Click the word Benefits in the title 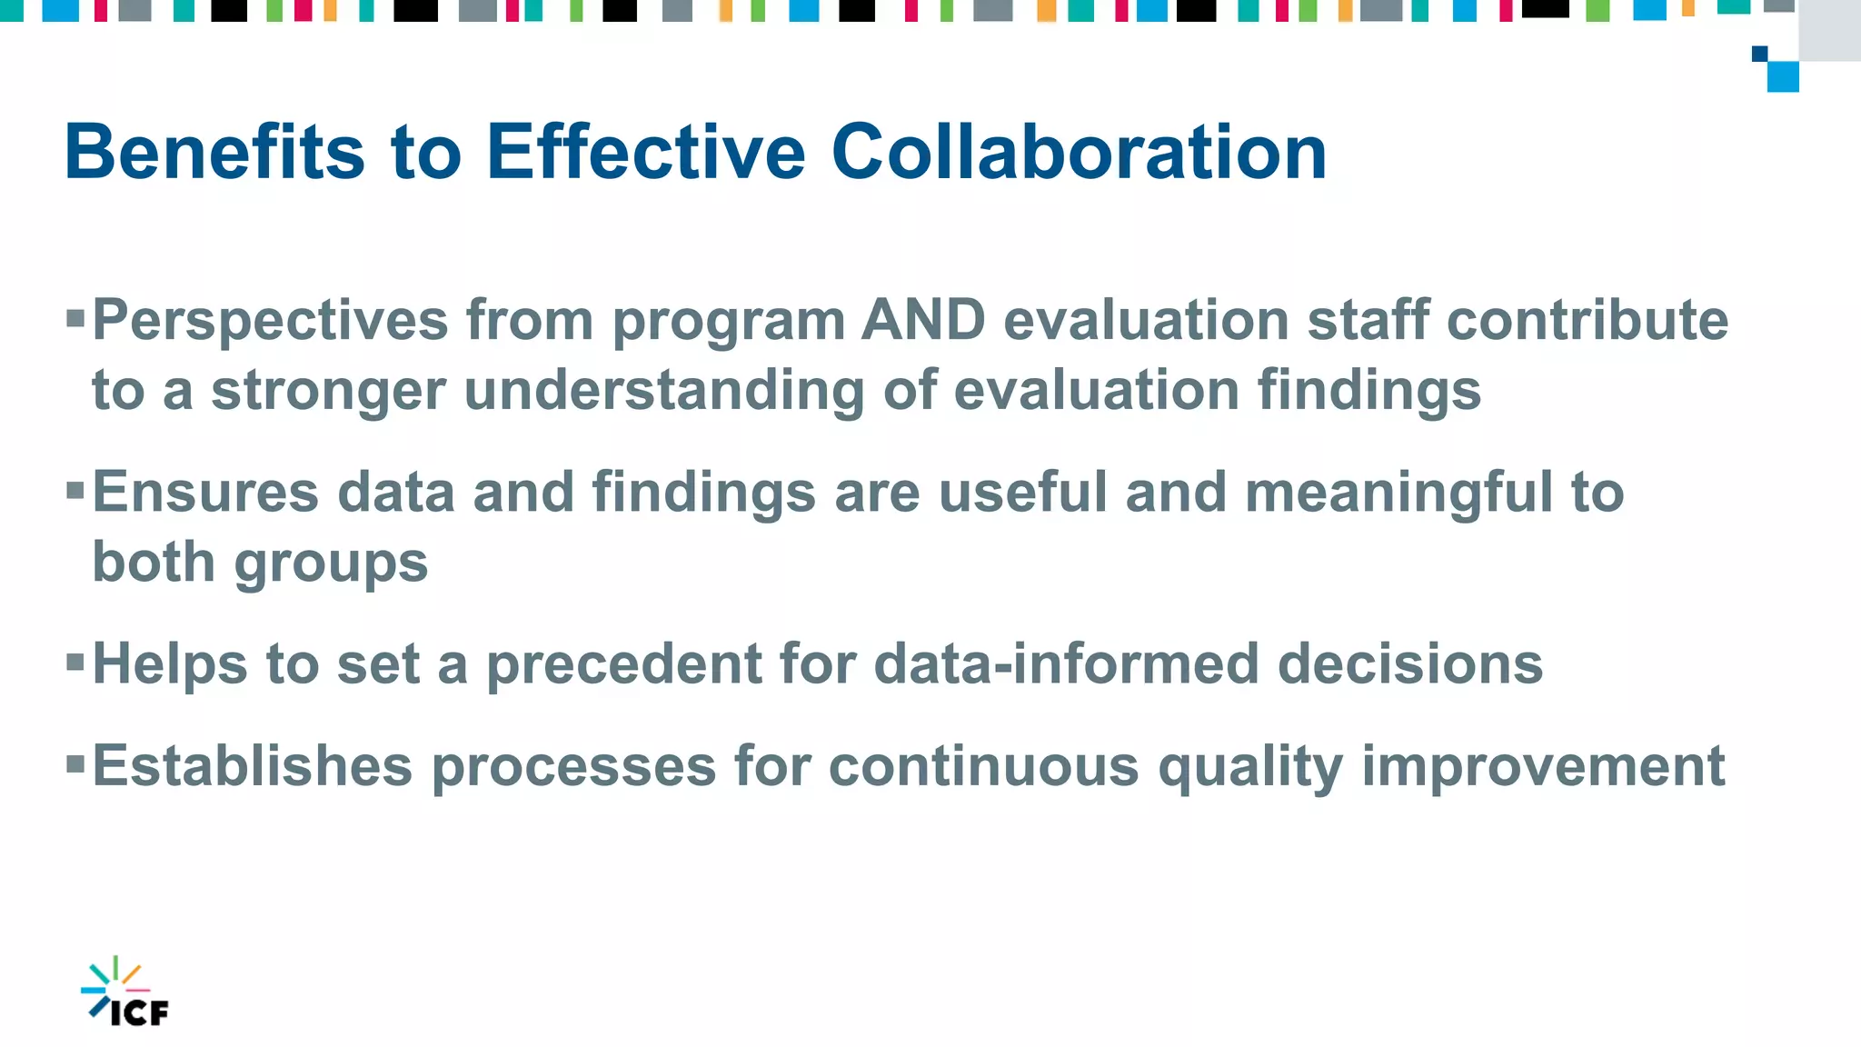click(x=214, y=152)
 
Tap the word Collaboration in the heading click(x=1079, y=152)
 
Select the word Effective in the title click(x=645, y=152)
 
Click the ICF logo click(x=125, y=992)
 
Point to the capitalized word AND click(x=923, y=320)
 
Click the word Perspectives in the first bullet click(x=270, y=322)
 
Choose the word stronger click(x=328, y=392)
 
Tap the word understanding click(x=663, y=392)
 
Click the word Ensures click(x=205, y=492)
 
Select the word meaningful click(x=1398, y=494)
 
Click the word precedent click(x=623, y=663)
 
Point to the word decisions click(x=1409, y=663)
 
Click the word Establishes click(x=253, y=765)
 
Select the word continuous click(x=983, y=765)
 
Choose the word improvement click(x=1543, y=767)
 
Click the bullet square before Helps click(x=75, y=660)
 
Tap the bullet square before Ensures click(x=75, y=491)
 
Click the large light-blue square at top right click(x=1783, y=76)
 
